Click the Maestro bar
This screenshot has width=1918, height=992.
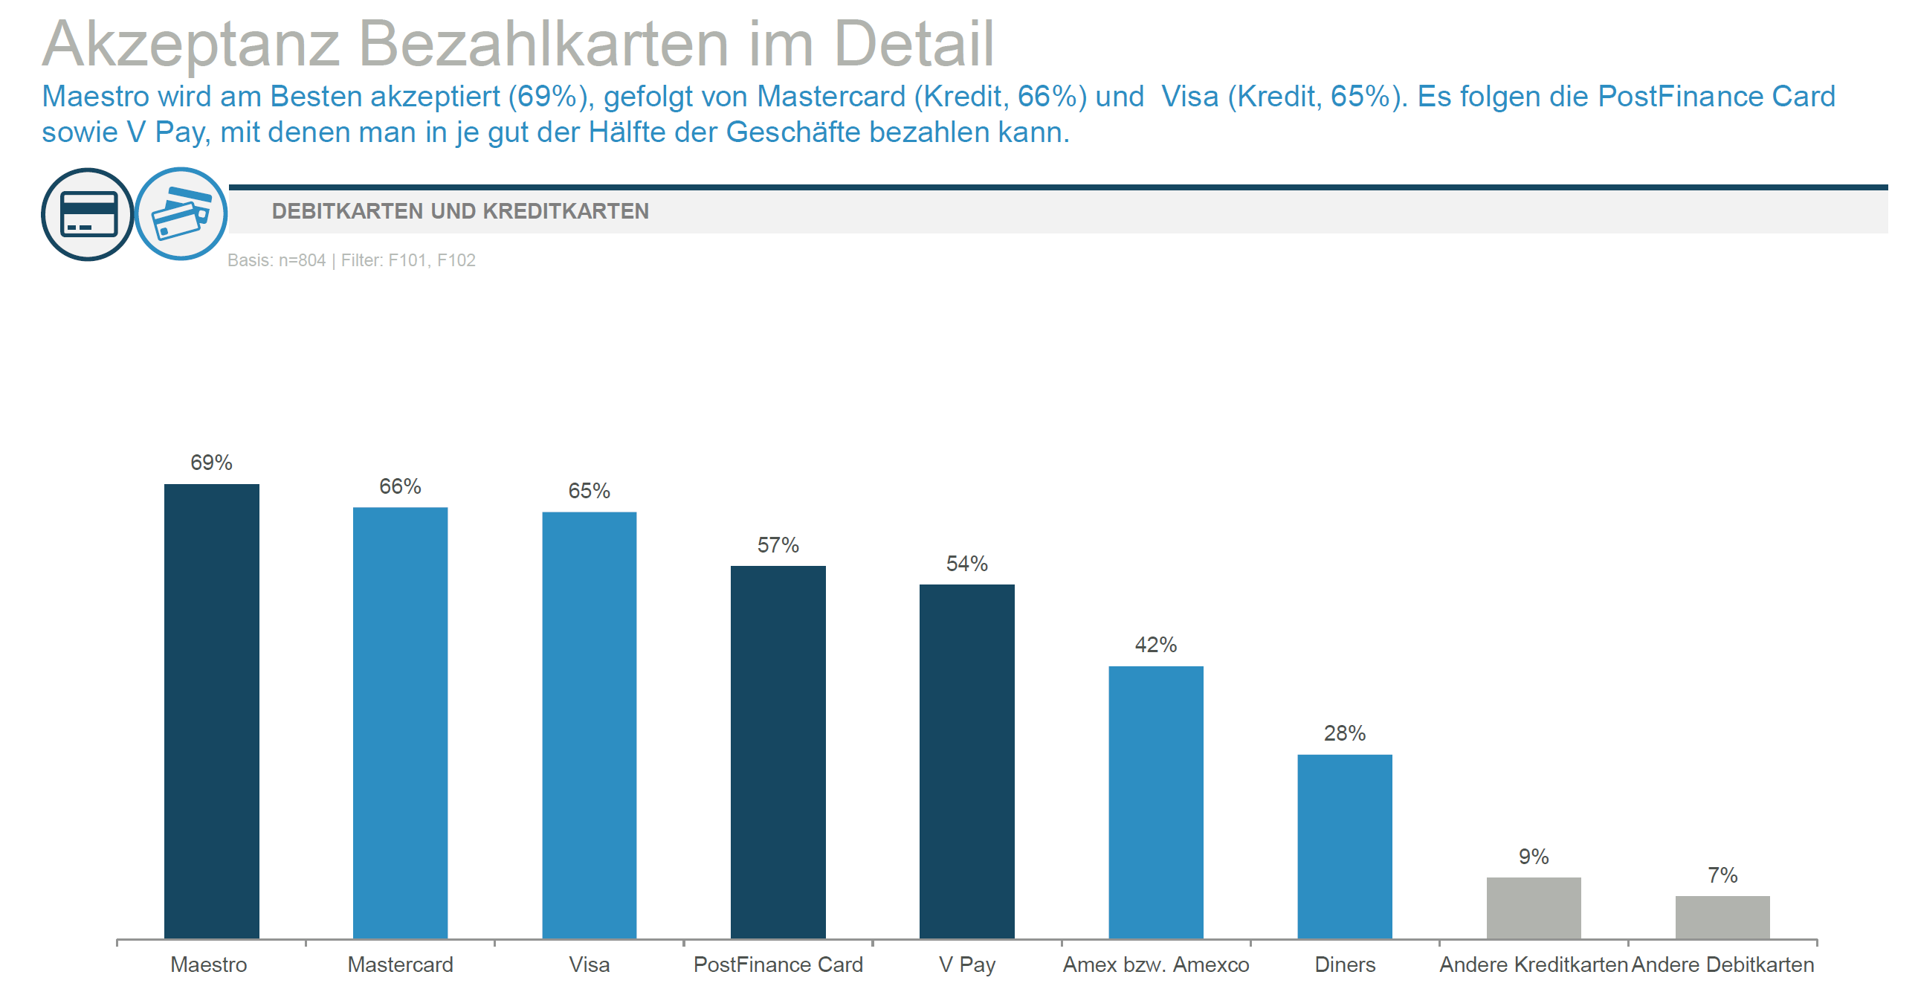point(211,710)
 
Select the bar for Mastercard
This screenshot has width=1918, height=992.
point(400,722)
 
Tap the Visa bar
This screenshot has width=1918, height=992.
point(589,724)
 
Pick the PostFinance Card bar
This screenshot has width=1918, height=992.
point(778,752)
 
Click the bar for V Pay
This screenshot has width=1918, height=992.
point(966,761)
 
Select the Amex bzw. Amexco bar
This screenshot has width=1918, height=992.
point(1155,802)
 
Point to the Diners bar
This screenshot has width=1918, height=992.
point(1345,846)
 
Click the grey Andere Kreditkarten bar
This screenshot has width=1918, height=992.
point(1534,908)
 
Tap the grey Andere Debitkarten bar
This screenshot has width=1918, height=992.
point(1722,917)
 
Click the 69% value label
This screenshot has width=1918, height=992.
point(211,463)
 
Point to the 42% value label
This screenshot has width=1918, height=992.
point(1155,645)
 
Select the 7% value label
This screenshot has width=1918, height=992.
point(1722,875)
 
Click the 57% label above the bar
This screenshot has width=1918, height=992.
point(778,545)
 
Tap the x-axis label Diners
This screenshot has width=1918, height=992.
point(1345,964)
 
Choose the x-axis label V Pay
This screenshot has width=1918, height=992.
point(966,964)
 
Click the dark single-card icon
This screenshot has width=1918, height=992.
point(88,214)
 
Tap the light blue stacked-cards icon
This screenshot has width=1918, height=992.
point(181,213)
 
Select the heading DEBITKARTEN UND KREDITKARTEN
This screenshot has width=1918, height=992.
point(460,211)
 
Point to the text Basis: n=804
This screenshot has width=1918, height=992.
point(277,260)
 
